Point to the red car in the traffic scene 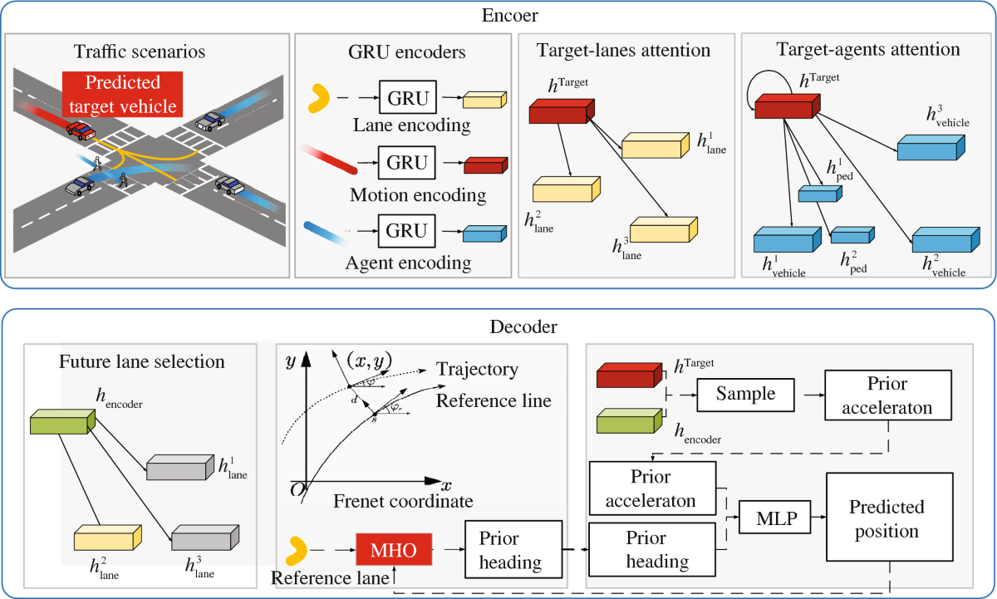click(80, 130)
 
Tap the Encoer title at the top click(498, 16)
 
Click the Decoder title click(498, 327)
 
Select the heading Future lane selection click(142, 362)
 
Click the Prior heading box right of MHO click(509, 550)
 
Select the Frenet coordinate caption click(404, 501)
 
